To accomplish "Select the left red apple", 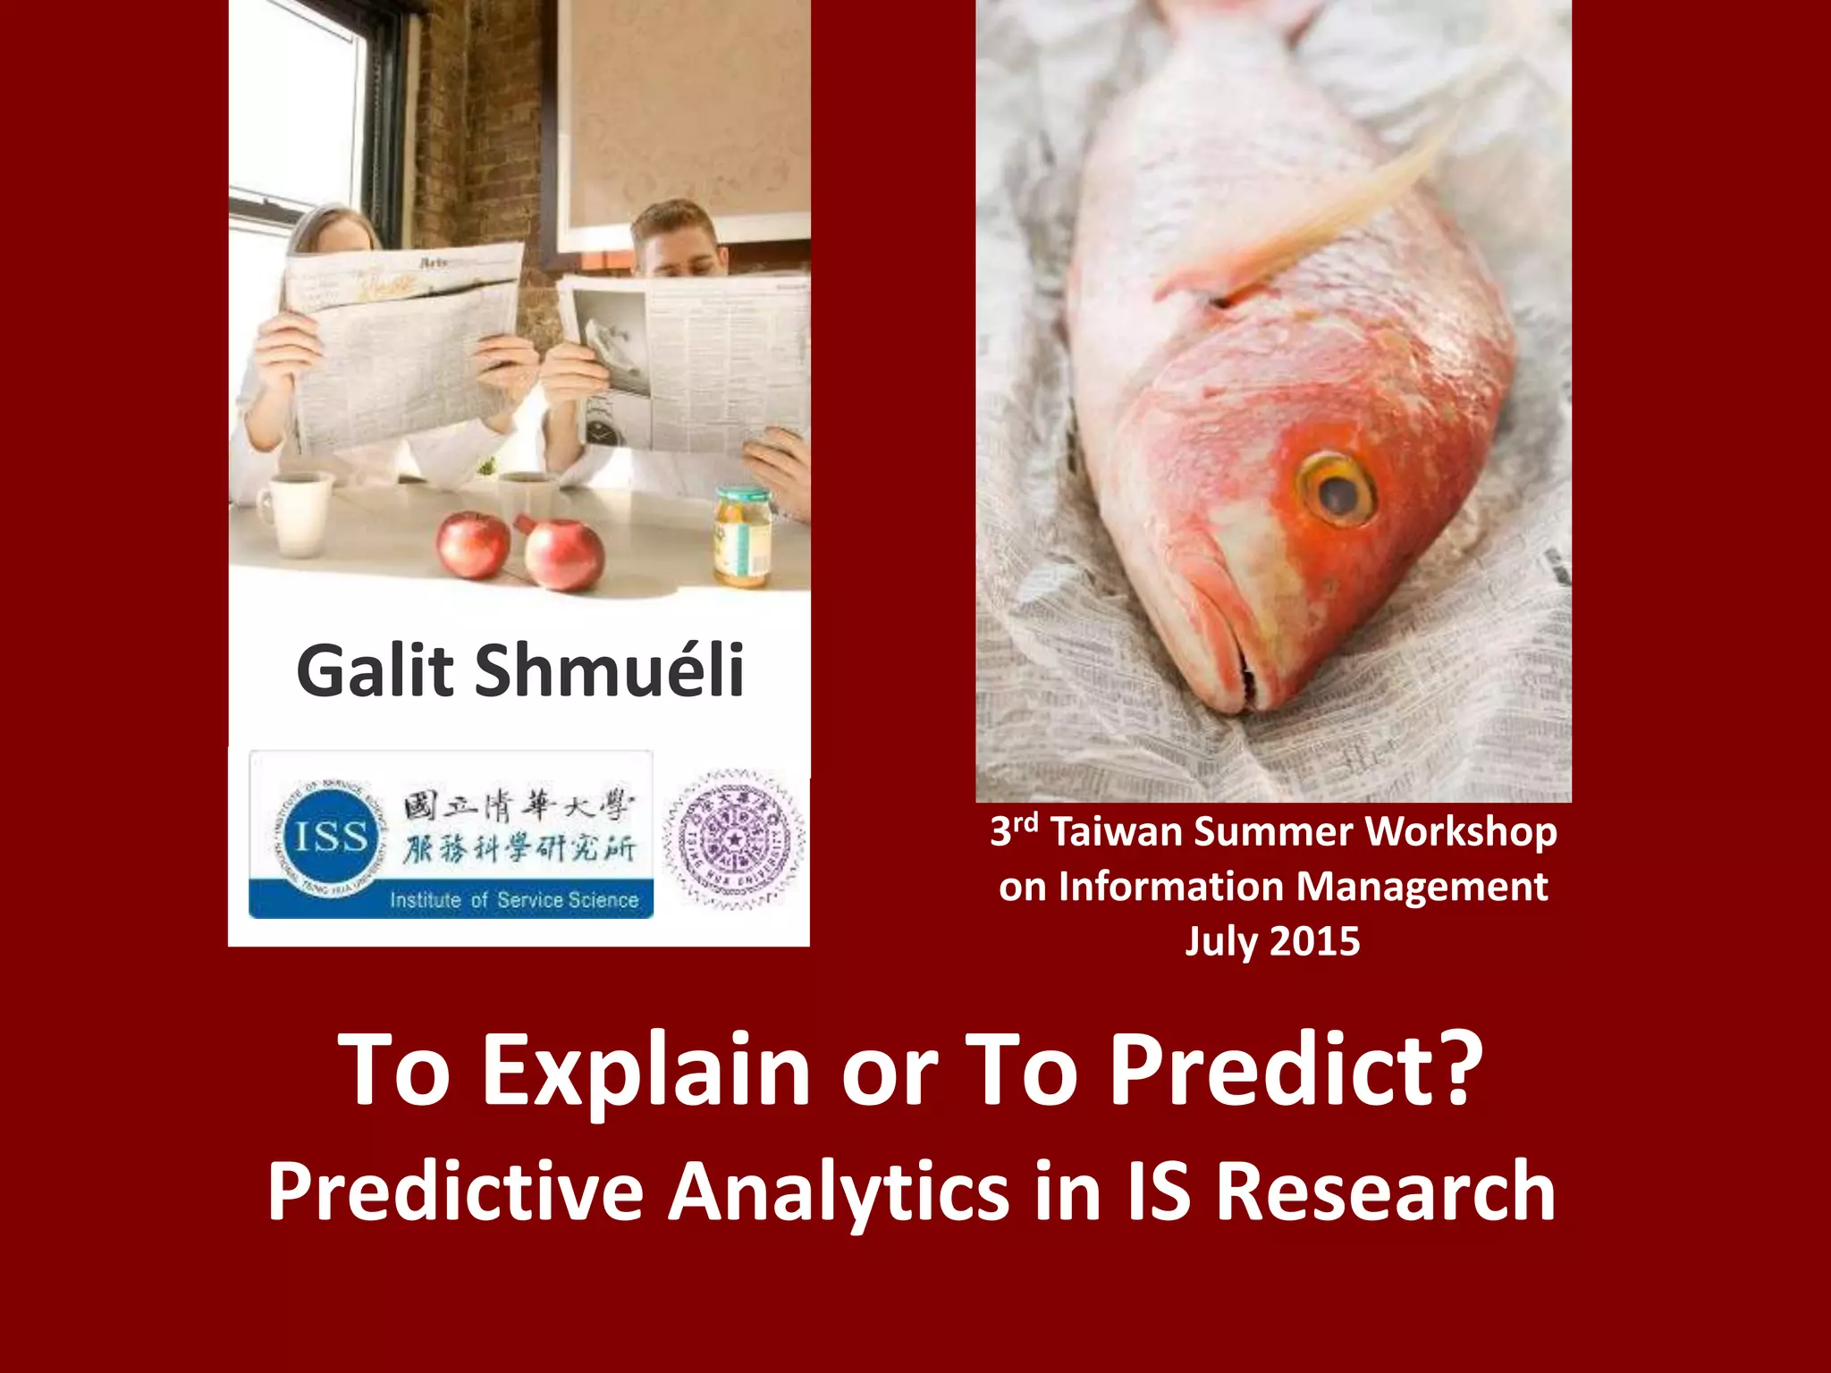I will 473,544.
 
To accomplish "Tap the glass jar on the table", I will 742,535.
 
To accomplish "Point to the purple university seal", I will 733,838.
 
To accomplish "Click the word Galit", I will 375,670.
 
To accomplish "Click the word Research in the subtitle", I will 1386,1191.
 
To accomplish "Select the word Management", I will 1422,887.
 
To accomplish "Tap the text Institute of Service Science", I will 514,899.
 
